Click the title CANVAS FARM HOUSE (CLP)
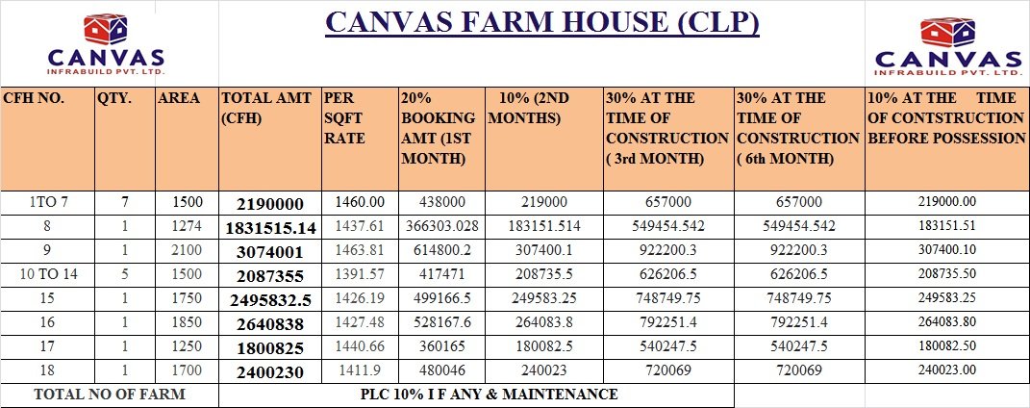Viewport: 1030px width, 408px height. coord(541,22)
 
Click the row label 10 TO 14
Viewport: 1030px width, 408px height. coord(41,274)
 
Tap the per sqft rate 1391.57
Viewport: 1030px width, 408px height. coord(359,274)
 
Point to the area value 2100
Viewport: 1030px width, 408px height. coord(187,250)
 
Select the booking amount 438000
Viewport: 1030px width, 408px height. coord(440,202)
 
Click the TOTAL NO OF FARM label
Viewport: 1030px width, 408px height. coord(110,395)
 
